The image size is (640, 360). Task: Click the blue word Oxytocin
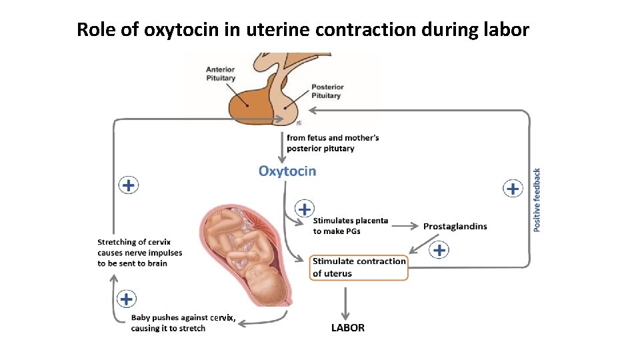(x=287, y=171)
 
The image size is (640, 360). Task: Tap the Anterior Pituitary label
(x=220, y=73)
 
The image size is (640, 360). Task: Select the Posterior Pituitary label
(x=327, y=91)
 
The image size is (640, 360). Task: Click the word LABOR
(x=348, y=327)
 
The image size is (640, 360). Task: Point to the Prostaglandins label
(x=455, y=227)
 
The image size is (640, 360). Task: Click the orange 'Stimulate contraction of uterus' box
(x=359, y=267)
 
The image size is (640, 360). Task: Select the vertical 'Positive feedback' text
(x=537, y=199)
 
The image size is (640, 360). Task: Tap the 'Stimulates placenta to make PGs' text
(x=351, y=226)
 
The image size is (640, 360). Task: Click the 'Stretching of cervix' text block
(x=139, y=253)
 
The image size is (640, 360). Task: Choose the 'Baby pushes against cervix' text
(x=183, y=323)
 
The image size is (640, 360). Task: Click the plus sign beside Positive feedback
(x=512, y=189)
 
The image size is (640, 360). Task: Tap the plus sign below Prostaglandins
(x=439, y=250)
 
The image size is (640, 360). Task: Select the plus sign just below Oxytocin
(x=305, y=209)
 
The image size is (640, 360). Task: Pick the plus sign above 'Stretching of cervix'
(x=129, y=185)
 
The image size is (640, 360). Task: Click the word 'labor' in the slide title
(x=505, y=29)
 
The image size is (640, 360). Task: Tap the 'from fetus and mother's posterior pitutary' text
(x=333, y=143)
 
